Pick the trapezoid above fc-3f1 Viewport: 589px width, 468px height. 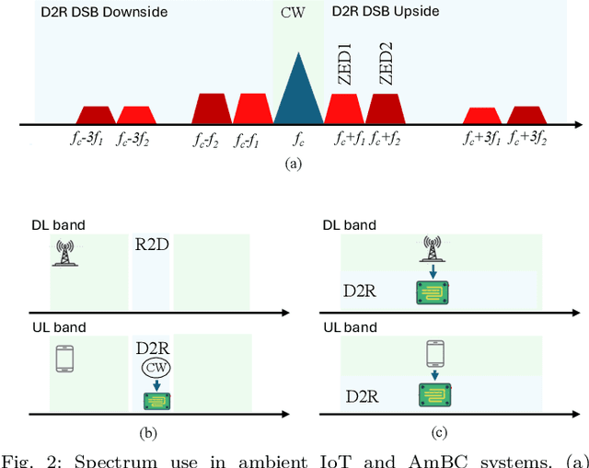click(x=96, y=115)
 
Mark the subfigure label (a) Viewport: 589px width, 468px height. click(x=293, y=163)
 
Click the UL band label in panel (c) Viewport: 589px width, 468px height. click(x=350, y=327)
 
